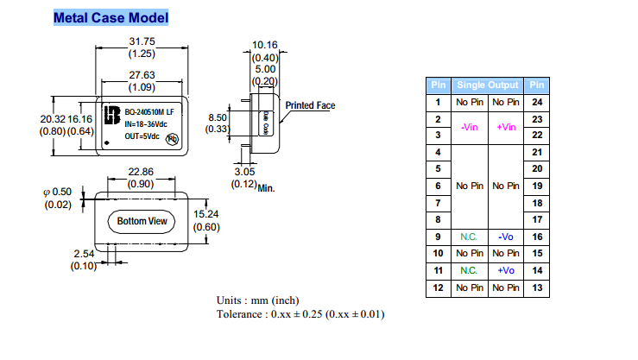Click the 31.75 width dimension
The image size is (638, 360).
pos(142,41)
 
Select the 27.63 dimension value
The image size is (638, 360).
pos(142,76)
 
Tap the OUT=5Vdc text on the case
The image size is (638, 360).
pos(143,136)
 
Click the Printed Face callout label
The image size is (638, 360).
pos(310,105)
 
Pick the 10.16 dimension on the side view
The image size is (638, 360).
pos(264,44)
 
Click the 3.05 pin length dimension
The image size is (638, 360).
pos(245,171)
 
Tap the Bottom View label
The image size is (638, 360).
pos(142,222)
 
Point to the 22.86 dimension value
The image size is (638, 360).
pos(141,172)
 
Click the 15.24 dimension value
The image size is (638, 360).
pos(205,214)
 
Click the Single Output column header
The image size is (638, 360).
pos(488,85)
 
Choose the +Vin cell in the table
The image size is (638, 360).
pos(506,127)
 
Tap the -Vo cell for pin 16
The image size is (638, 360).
pos(506,237)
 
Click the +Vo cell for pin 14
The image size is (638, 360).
pos(506,270)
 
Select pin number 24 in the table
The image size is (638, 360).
pos(537,102)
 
